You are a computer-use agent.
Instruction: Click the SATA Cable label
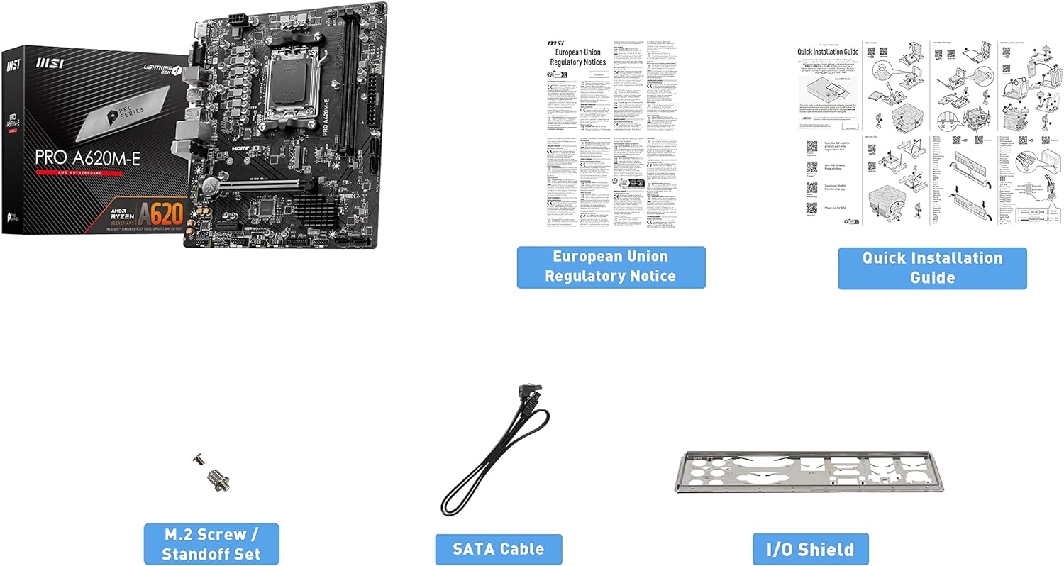498,548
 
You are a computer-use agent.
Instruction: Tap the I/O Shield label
810,548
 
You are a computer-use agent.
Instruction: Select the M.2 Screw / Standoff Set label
211,543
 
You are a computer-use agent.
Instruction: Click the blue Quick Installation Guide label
932,267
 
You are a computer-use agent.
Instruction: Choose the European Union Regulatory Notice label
611,267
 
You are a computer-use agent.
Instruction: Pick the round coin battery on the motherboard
209,186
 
